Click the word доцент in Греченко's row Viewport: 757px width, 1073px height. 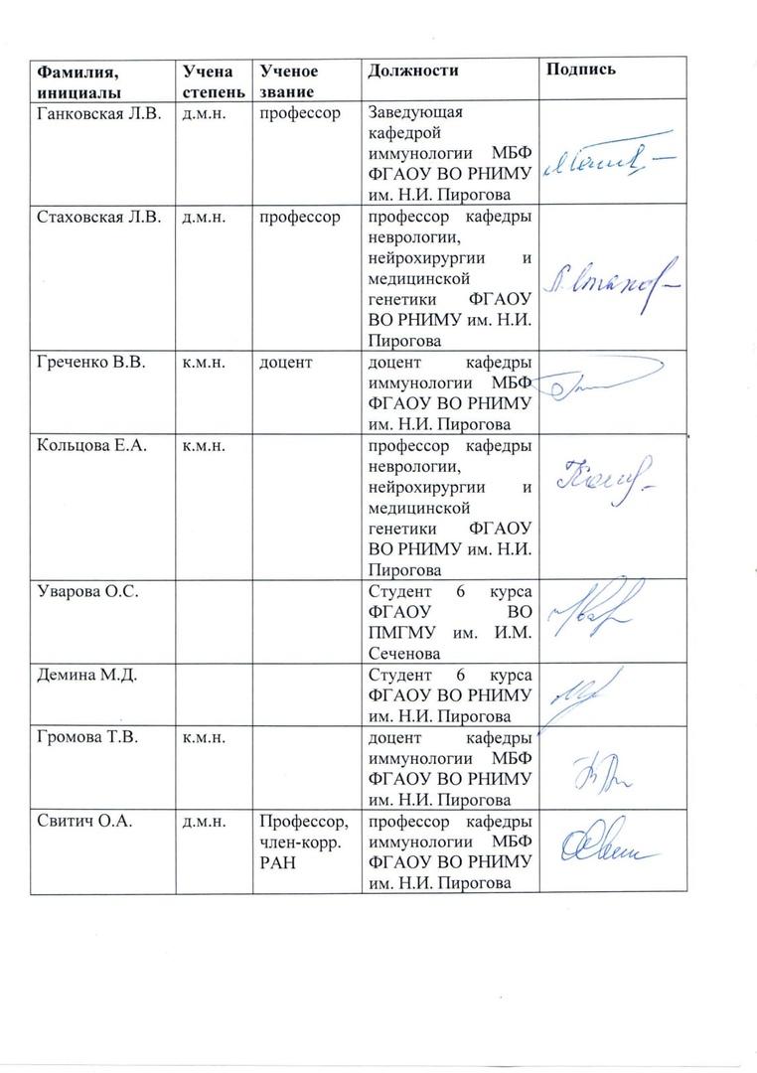click(x=286, y=364)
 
